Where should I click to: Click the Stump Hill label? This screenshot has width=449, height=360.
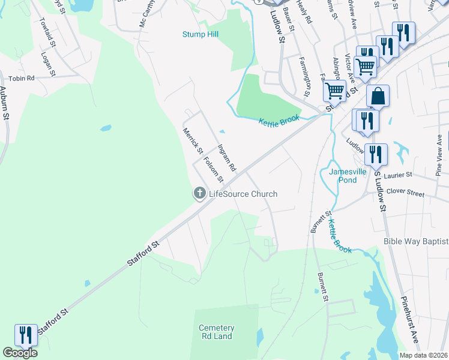(200, 34)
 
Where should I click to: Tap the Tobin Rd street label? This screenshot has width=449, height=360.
(22, 78)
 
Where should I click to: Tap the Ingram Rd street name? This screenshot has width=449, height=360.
(228, 158)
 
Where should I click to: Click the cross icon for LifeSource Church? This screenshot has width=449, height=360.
(199, 193)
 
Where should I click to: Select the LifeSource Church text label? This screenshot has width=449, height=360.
(243, 194)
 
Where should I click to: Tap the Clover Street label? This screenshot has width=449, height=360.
(405, 194)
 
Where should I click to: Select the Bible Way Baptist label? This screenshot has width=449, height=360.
(416, 241)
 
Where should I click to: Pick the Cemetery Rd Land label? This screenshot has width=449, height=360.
(216, 332)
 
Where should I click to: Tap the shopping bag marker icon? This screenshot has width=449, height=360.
(378, 95)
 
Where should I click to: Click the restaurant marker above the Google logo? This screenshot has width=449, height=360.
(25, 334)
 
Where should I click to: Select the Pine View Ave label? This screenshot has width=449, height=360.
(439, 155)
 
